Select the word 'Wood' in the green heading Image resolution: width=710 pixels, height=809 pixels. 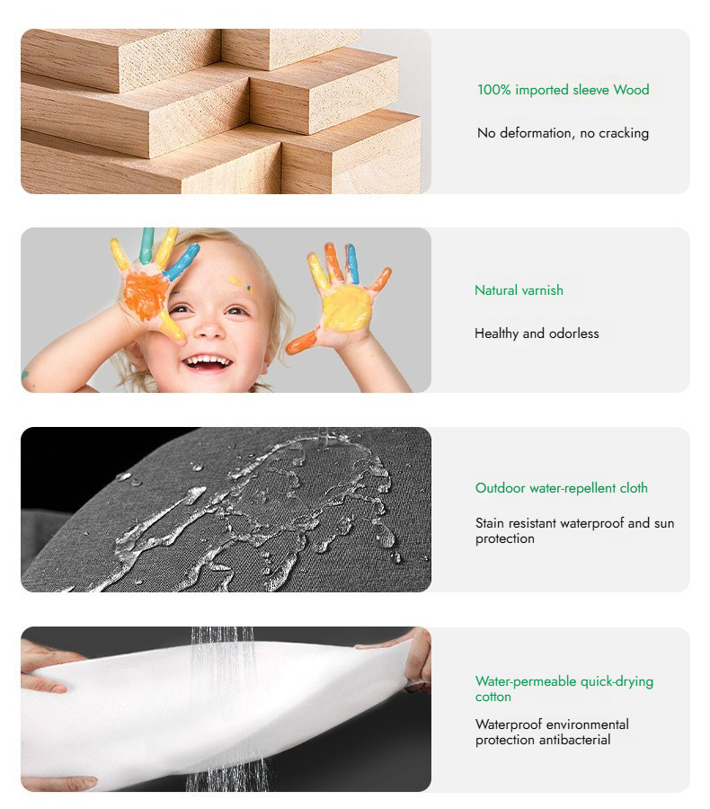(x=631, y=90)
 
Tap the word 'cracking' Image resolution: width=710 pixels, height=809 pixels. (x=624, y=133)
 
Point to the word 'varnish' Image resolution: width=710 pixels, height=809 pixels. (x=541, y=290)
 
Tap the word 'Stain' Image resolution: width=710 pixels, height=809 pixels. (x=490, y=523)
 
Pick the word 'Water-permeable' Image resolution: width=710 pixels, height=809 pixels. (x=526, y=681)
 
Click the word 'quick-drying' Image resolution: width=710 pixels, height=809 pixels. (x=617, y=681)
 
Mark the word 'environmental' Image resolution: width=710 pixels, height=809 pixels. (x=587, y=725)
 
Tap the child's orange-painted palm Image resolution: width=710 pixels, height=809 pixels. (x=145, y=296)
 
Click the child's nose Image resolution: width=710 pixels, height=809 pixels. (x=210, y=328)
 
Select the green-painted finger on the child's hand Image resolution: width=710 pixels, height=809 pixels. (x=147, y=245)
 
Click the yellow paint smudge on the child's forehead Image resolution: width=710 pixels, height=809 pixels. (x=235, y=280)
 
